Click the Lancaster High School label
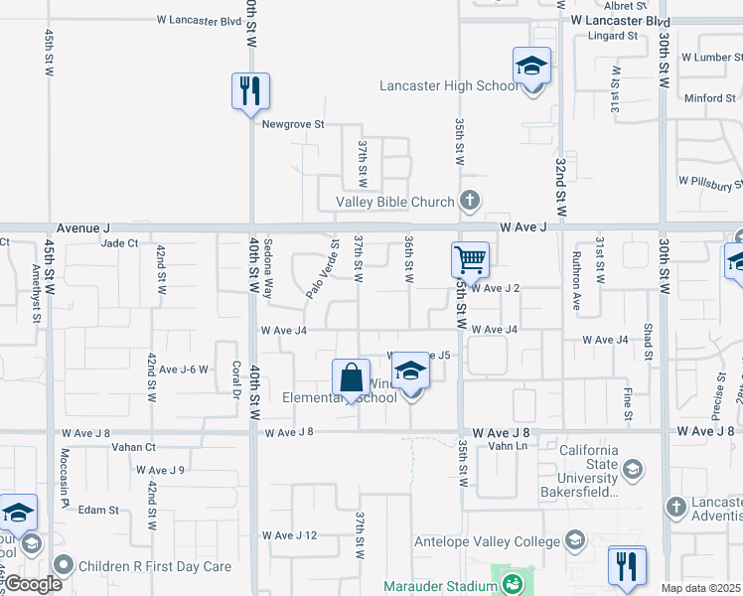pyautogui.click(x=449, y=86)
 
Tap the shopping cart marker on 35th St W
pyautogui.click(x=470, y=260)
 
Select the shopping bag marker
pyautogui.click(x=351, y=377)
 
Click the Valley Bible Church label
pyautogui.click(x=394, y=203)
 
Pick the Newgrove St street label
pyautogui.click(x=293, y=124)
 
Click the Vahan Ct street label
pyautogui.click(x=136, y=447)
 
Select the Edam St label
pyautogui.click(x=99, y=511)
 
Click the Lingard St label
pyautogui.click(x=612, y=36)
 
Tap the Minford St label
pyautogui.click(x=709, y=98)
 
